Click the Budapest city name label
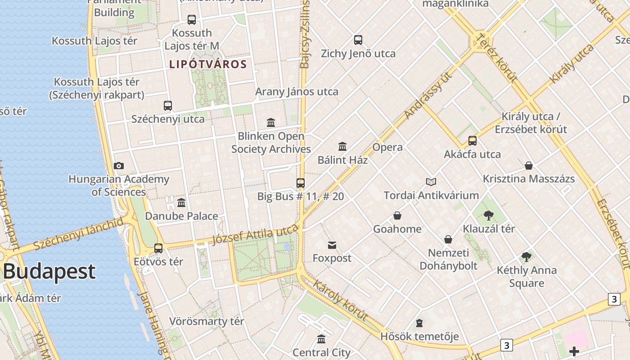pyautogui.click(x=49, y=271)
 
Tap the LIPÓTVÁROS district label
pyautogui.click(x=208, y=64)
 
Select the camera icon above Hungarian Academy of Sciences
pyautogui.click(x=119, y=166)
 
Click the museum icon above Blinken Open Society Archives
pyautogui.click(x=271, y=122)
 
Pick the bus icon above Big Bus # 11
pyautogui.click(x=301, y=183)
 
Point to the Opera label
pyautogui.click(x=387, y=147)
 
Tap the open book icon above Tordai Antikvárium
pyautogui.click(x=431, y=182)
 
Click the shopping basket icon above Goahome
pyautogui.click(x=397, y=216)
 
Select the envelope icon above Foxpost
pyautogui.click(x=332, y=245)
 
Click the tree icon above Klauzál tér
pyautogui.click(x=489, y=216)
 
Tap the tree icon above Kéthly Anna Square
pyautogui.click(x=526, y=257)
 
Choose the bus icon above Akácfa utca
pyautogui.click(x=472, y=141)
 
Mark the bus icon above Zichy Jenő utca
pyautogui.click(x=358, y=40)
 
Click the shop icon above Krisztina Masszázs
pyautogui.click(x=529, y=166)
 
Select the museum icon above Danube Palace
pyautogui.click(x=181, y=202)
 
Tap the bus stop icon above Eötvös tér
pyautogui.click(x=158, y=248)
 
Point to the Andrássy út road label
pyautogui.click(x=428, y=96)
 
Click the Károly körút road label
pyautogui.click(x=340, y=300)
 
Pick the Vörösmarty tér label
pyautogui.click(x=207, y=321)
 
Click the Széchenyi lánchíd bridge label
pyautogui.click(x=78, y=234)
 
